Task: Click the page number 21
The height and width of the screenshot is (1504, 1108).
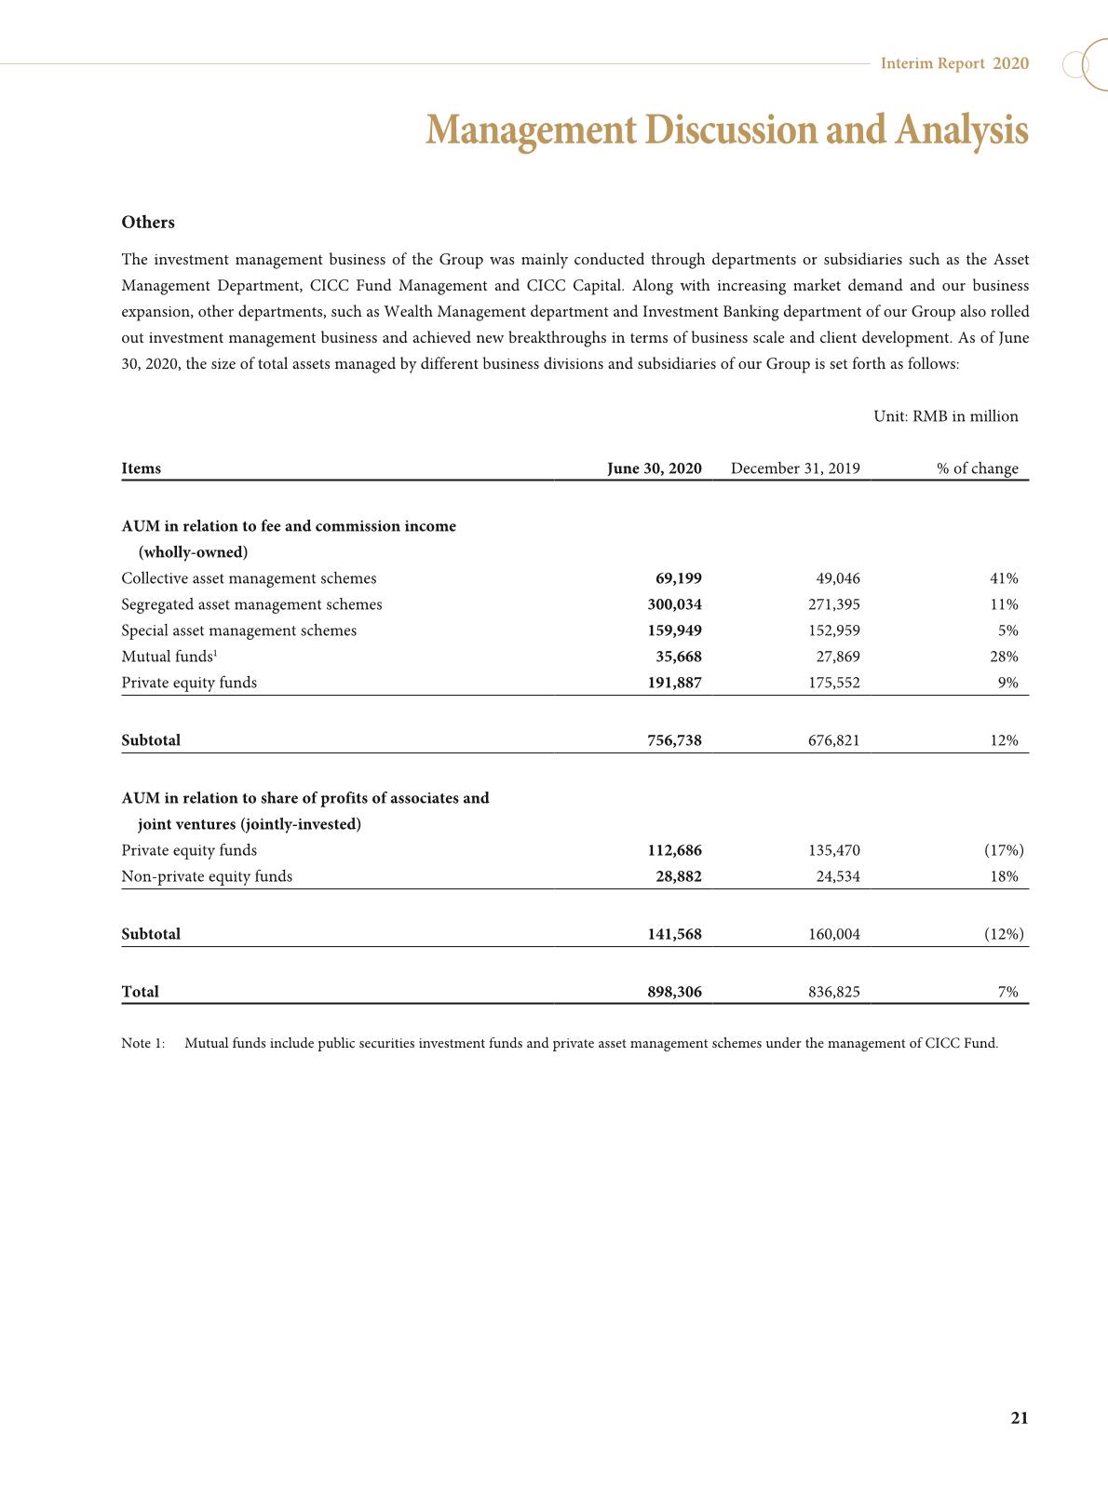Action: click(1019, 1418)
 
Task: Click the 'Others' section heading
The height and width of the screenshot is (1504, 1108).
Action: click(148, 223)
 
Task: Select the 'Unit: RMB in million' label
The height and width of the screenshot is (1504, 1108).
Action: click(945, 416)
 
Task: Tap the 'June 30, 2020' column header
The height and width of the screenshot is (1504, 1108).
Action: click(654, 468)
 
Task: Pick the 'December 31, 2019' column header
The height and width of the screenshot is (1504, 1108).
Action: click(795, 468)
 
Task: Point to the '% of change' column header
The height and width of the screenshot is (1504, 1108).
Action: click(977, 468)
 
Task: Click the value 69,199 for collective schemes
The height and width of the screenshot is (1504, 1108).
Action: click(679, 578)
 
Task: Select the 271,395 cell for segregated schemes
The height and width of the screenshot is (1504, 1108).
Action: click(833, 604)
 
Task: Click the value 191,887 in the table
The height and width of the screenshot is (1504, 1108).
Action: click(674, 683)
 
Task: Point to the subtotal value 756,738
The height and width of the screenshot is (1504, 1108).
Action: click(674, 740)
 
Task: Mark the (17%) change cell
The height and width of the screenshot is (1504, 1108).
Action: click(1004, 850)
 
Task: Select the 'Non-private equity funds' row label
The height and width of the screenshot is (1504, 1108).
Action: click(207, 876)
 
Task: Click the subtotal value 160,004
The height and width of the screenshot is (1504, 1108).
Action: click(833, 934)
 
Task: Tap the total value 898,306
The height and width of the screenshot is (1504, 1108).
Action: click(674, 992)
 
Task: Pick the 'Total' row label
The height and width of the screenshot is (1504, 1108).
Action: click(140, 992)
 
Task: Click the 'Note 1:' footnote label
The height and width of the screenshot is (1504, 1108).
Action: click(142, 1043)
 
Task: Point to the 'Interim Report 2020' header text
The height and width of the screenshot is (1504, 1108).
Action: click(954, 63)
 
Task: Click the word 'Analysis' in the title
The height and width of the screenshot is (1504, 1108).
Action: click(962, 131)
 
